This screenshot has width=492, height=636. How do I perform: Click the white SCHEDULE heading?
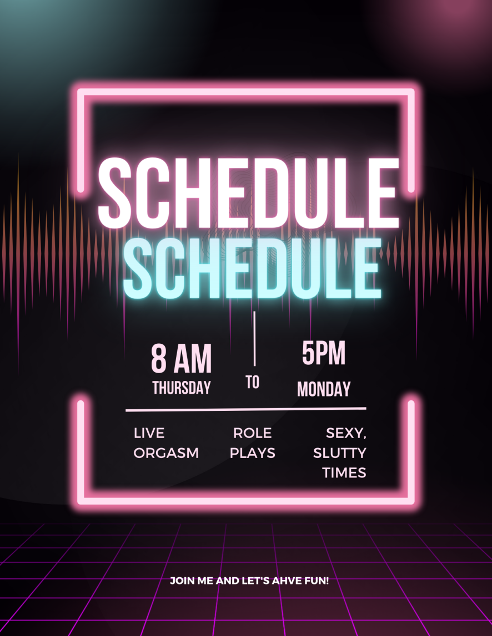[x=248, y=192]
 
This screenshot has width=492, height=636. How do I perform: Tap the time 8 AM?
[x=181, y=359]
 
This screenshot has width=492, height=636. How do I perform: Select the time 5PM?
[x=324, y=353]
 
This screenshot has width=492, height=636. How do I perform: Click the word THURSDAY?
[x=182, y=388]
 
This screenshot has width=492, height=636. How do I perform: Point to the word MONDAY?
[x=324, y=389]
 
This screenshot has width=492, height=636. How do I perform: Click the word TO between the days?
[x=252, y=382]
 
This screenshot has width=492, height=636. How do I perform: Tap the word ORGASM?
[x=166, y=453]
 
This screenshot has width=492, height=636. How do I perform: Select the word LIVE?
[x=149, y=433]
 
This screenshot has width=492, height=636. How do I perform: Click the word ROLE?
[x=252, y=433]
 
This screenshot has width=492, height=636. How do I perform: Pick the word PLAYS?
[x=252, y=453]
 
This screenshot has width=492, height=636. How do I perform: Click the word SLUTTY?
[x=340, y=453]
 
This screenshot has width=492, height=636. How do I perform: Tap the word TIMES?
[x=344, y=473]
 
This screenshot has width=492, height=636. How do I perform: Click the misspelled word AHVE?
[x=284, y=581]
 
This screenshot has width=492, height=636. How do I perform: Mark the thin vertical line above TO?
[x=255, y=339]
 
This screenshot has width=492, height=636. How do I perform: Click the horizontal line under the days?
[x=246, y=409]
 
